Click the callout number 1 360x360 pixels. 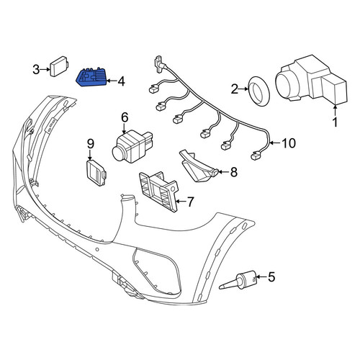pos(336,122)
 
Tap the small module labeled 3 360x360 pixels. pos(59,66)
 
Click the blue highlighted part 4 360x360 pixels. pos(91,77)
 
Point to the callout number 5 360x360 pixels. pos(271,277)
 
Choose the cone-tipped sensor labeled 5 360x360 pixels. pos(239,280)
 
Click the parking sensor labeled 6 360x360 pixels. pos(132,147)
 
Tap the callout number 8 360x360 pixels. pos(234,172)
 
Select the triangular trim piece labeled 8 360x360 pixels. pos(197,166)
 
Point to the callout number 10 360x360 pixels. pos(289,143)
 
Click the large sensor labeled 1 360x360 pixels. pos(312,80)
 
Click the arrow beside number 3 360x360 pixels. pos(45,70)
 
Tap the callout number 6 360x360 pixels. pos(125,117)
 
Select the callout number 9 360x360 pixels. pos(91,144)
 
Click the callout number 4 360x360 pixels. pos(121,81)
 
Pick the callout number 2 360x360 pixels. pos(235,89)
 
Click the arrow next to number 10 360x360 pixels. pos(275,143)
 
